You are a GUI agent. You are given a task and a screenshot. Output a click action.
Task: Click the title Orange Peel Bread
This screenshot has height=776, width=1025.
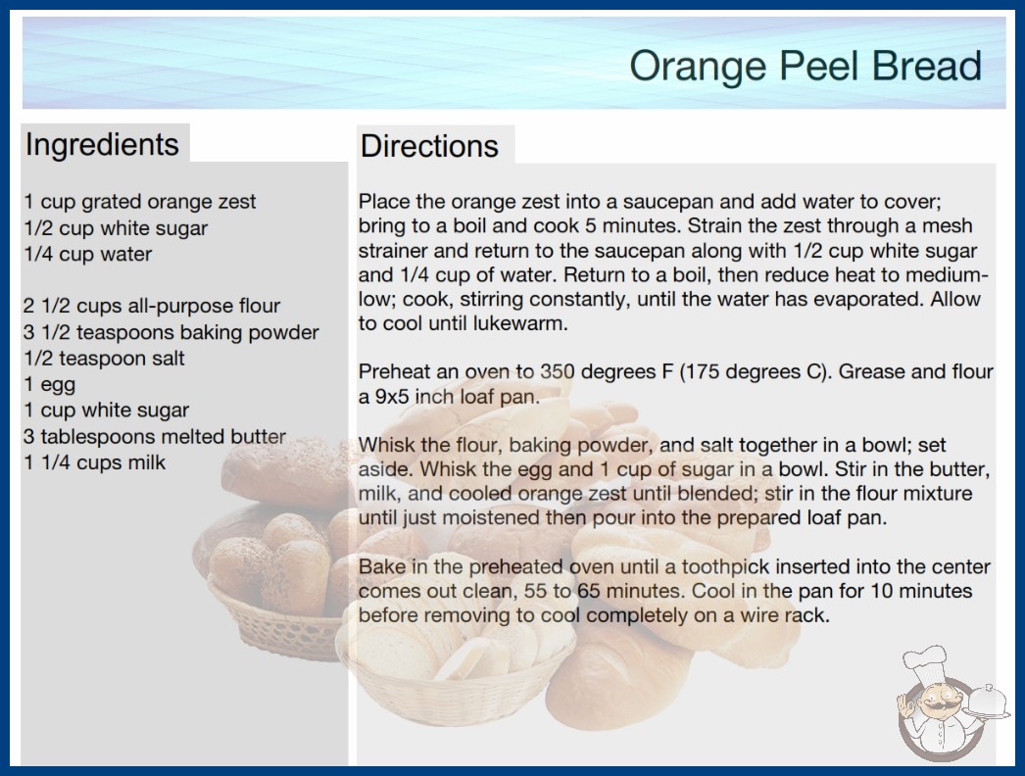click(x=805, y=66)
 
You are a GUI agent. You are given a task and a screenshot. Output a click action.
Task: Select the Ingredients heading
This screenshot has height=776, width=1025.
click(x=102, y=144)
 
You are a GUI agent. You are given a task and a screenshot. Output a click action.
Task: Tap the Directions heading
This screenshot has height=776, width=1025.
click(x=429, y=146)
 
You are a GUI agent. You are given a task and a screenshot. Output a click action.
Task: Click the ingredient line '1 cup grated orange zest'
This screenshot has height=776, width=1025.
click(x=140, y=202)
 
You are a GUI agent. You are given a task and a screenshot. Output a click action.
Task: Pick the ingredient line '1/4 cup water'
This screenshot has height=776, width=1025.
click(x=88, y=254)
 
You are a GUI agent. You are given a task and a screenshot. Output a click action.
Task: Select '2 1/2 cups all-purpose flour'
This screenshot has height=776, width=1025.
click(x=152, y=306)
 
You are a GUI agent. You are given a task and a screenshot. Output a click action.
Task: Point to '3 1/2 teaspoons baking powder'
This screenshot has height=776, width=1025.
click(x=171, y=332)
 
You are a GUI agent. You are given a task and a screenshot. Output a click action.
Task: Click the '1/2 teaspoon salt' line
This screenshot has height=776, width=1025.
click(x=105, y=359)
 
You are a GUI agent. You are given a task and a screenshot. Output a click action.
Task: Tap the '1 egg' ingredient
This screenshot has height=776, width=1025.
click(x=50, y=384)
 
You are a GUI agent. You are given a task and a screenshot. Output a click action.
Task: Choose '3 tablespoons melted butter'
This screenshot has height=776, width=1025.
click(x=155, y=436)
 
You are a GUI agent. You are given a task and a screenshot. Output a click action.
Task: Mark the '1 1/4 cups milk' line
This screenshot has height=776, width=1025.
click(x=95, y=462)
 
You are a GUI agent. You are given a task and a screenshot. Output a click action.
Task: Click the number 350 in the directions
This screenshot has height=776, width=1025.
click(x=557, y=371)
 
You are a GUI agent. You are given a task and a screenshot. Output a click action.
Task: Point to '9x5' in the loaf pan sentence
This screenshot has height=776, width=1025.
click(x=392, y=396)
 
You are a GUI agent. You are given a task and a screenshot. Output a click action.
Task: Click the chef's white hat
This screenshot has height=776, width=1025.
click(x=925, y=663)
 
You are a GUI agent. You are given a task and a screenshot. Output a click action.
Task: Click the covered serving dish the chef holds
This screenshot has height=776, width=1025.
click(x=987, y=702)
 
